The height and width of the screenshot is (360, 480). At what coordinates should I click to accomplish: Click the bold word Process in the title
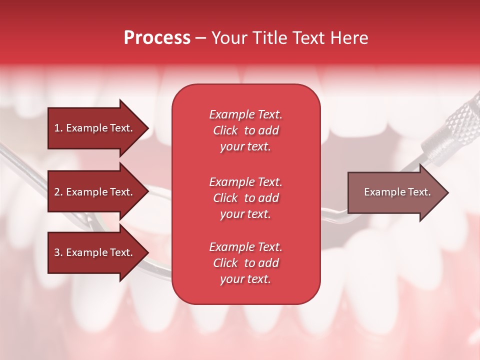point(157,38)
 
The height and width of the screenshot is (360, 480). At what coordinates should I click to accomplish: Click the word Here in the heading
point(349,38)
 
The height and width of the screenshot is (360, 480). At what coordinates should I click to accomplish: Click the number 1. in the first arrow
point(58,128)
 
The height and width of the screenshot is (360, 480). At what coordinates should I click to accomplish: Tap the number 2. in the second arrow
point(58,192)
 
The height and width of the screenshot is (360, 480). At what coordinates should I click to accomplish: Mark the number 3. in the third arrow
point(58,252)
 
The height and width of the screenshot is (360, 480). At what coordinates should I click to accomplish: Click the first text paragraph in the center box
point(245,130)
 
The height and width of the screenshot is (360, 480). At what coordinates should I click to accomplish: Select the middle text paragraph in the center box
point(245,197)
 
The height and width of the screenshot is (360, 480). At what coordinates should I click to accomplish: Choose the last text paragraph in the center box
point(245,263)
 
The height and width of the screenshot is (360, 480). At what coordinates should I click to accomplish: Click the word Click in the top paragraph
point(225,130)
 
